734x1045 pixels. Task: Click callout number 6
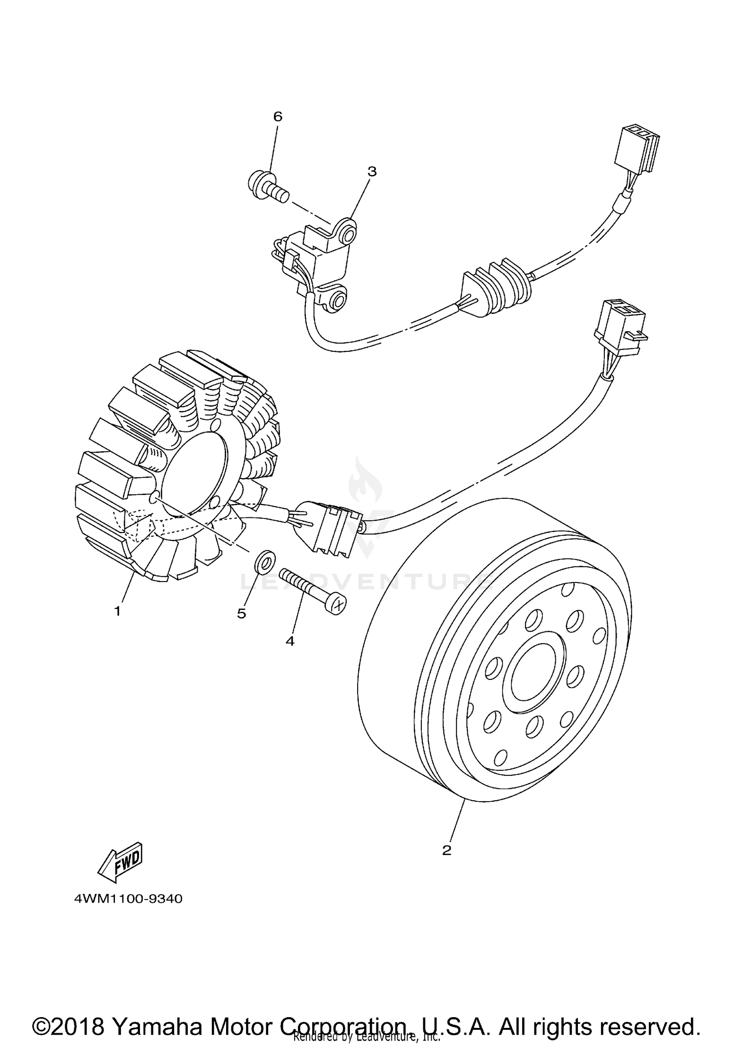coord(277,116)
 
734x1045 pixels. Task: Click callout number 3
coord(372,171)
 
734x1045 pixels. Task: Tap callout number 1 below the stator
coord(117,611)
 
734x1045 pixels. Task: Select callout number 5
coord(242,614)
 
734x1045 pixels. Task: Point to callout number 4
coord(290,641)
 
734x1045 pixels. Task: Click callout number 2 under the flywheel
coord(446,850)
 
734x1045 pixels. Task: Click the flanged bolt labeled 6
coord(267,187)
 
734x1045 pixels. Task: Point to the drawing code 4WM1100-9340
coord(128,899)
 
